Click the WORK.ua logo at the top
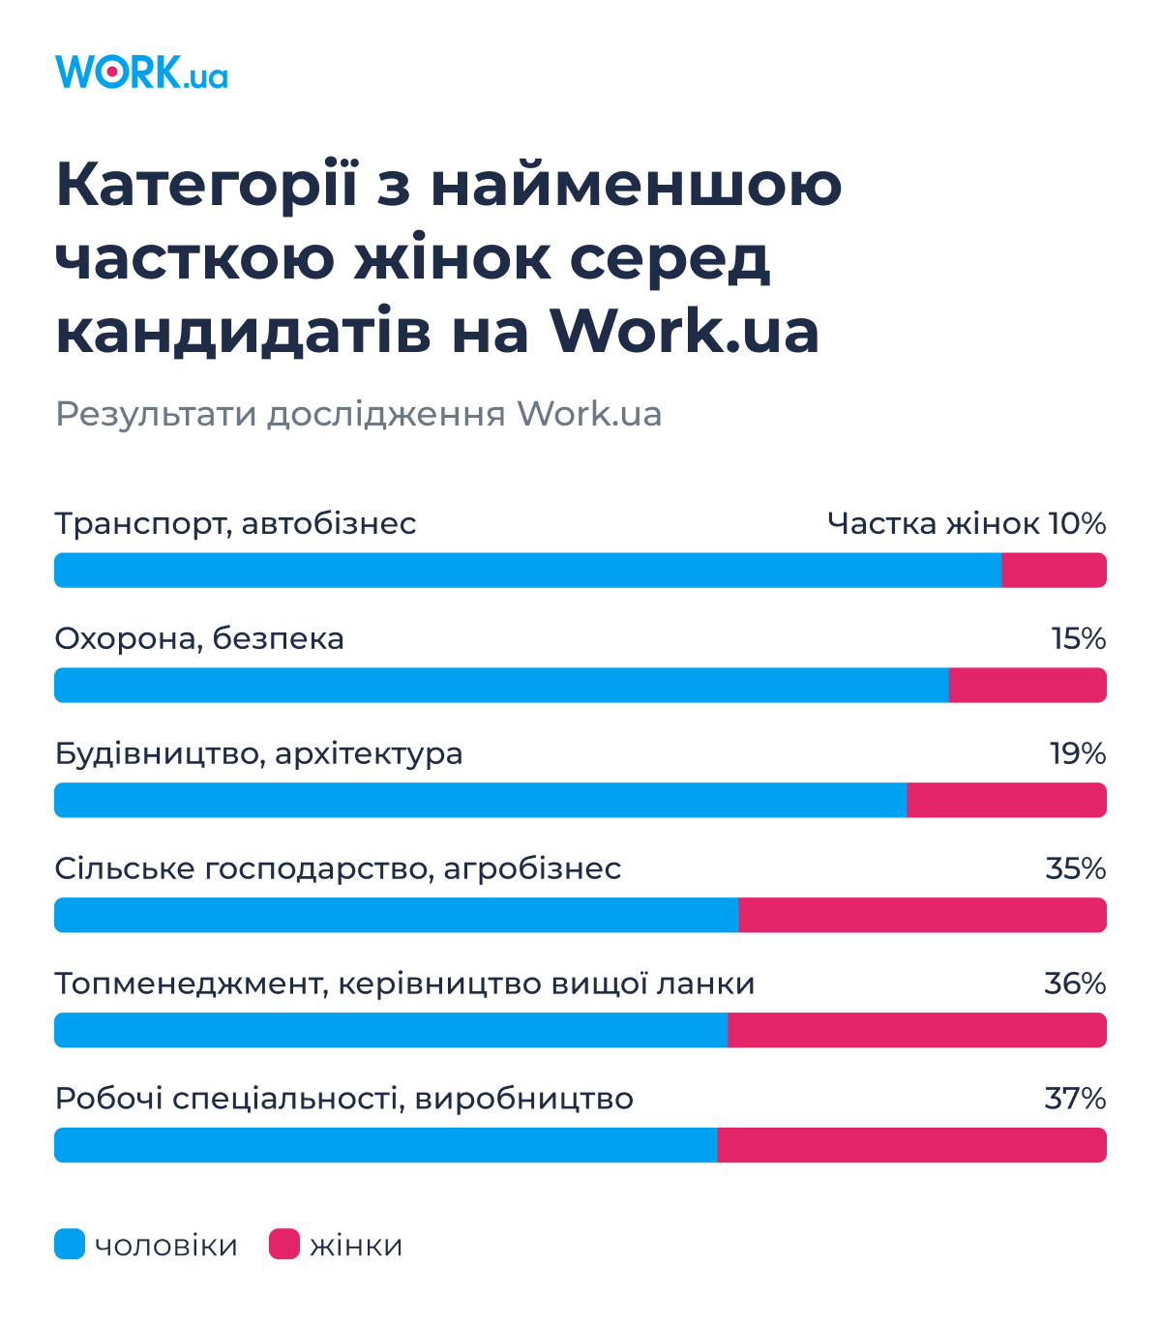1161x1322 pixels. click(x=141, y=73)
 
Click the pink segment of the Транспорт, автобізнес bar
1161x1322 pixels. click(x=1054, y=571)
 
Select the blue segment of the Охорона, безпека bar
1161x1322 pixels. click(x=501, y=685)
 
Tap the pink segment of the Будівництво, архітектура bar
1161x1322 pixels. click(x=1006, y=800)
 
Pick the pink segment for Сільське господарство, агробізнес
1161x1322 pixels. click(x=922, y=915)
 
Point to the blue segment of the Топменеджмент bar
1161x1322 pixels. click(x=391, y=1030)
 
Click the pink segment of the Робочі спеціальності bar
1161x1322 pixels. click(x=911, y=1145)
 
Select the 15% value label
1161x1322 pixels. click(x=1079, y=638)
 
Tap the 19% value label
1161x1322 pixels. click(x=1078, y=753)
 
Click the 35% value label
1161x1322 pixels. click(x=1076, y=868)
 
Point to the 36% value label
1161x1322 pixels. click(x=1075, y=984)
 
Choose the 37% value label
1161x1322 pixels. click(x=1075, y=1099)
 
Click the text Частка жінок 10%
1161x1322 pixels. click(x=966, y=523)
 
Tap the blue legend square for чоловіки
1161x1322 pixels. click(x=70, y=1244)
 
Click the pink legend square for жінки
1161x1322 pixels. click(x=284, y=1244)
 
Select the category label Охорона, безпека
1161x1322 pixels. click(x=199, y=638)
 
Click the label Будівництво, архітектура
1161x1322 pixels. click(x=258, y=753)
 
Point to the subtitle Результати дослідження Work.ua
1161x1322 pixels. click(x=358, y=414)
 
